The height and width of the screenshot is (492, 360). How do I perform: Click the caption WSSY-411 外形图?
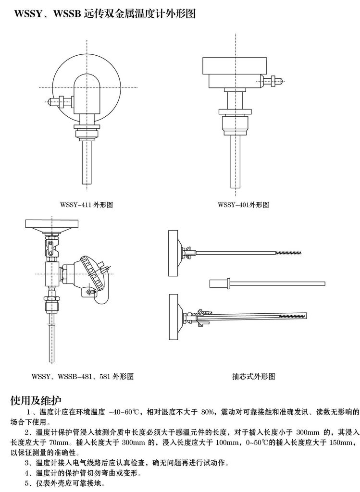87,205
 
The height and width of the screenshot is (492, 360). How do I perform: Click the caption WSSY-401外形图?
243,205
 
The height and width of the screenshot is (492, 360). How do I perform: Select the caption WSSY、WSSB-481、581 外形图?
83,376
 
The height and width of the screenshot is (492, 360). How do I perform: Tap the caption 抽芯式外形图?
254,376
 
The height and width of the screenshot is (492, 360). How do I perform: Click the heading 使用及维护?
36,400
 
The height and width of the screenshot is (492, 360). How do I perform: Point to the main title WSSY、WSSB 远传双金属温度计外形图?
105,13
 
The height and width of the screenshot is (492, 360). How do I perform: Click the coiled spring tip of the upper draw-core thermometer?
288,252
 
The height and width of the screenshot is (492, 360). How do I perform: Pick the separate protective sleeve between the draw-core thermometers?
267,283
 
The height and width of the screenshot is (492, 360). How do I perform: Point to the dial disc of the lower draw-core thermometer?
173,317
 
